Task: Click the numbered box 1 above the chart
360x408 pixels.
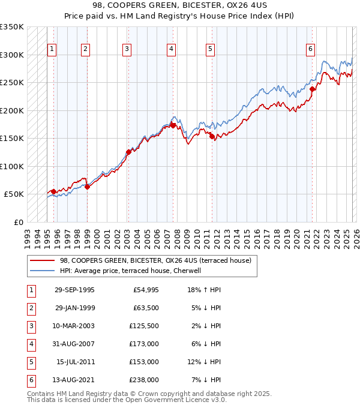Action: [x=52, y=49]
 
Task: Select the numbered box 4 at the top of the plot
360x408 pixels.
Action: [x=171, y=49]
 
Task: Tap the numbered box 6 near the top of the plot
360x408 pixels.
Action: [x=310, y=49]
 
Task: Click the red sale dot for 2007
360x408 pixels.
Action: [x=173, y=125]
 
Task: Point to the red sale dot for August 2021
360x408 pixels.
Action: [x=313, y=89]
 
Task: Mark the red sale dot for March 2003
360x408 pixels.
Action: [x=128, y=152]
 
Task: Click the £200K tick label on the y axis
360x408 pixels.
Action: [x=12, y=110]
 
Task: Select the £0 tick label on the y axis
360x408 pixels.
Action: [x=19, y=222]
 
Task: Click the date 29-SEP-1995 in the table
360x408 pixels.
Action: [x=74, y=290]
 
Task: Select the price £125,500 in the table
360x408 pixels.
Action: [x=144, y=326]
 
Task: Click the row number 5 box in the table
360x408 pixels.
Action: [x=31, y=362]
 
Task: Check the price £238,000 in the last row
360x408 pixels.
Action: [x=144, y=380]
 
